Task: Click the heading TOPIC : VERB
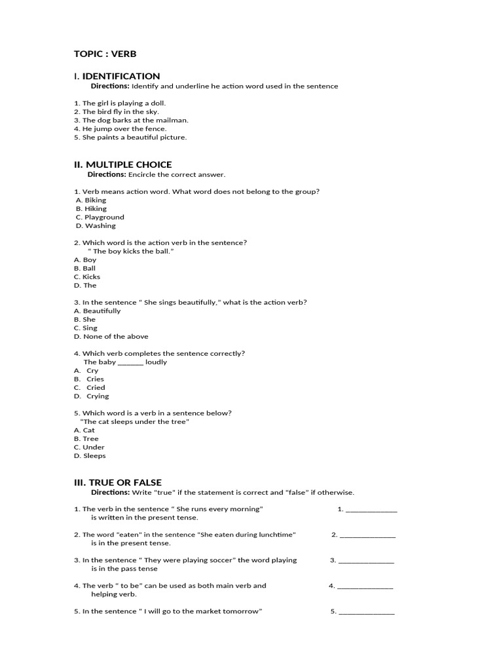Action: click(105, 54)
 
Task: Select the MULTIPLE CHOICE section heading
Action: click(122, 164)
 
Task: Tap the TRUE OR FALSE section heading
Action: click(117, 482)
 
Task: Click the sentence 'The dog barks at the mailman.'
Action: click(131, 120)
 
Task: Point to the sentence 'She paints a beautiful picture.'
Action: click(130, 137)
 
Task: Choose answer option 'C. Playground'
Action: click(100, 217)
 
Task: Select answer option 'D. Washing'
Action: click(96, 225)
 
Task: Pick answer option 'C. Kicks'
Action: click(87, 277)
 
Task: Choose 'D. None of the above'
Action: click(111, 336)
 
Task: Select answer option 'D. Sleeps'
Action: click(90, 455)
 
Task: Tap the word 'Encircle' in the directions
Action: click(143, 174)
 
